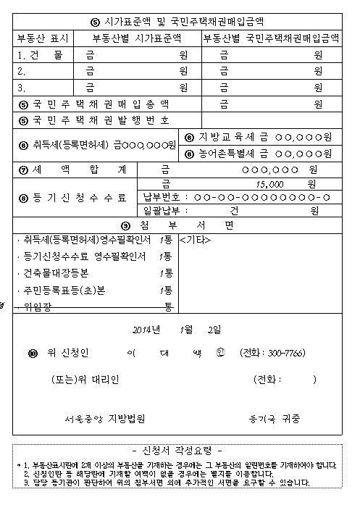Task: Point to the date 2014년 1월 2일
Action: tap(177, 330)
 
